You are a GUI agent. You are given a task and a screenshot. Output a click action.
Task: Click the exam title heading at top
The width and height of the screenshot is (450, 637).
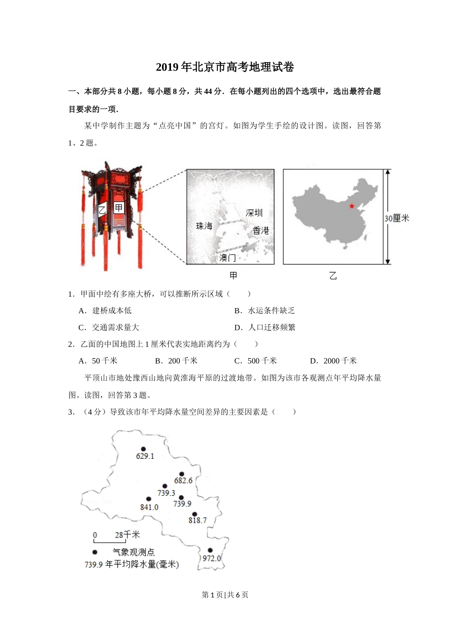pos(225,67)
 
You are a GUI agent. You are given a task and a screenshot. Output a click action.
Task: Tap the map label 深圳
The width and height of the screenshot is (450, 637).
pos(254,213)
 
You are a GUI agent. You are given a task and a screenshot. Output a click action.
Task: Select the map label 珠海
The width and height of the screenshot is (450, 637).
pos(204,227)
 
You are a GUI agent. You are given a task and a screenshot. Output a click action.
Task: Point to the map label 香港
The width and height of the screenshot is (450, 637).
pos(261,231)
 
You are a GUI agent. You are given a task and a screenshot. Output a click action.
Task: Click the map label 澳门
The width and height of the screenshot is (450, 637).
pos(227,258)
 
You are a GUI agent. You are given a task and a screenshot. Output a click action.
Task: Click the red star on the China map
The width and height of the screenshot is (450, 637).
pos(351,206)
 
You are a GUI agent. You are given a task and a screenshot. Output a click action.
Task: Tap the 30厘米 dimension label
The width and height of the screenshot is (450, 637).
pos(396,218)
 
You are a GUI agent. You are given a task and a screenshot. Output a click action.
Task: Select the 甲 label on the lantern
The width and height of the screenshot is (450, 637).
pos(118,208)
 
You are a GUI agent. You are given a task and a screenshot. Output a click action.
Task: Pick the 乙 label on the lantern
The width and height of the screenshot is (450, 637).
pos(102,209)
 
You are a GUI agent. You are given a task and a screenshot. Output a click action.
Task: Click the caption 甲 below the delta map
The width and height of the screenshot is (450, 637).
pos(233,275)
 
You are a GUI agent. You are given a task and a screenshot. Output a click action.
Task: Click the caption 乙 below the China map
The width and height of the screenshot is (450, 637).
pos(333,276)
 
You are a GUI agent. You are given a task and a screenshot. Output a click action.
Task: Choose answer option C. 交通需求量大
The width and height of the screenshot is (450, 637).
pos(109,328)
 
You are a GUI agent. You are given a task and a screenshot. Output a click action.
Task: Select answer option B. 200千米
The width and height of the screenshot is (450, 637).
pos(176,361)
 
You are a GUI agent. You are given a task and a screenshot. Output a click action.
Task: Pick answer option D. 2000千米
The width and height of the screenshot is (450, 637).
pos(333,361)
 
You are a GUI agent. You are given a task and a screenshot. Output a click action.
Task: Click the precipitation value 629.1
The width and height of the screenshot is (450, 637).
pos(145,456)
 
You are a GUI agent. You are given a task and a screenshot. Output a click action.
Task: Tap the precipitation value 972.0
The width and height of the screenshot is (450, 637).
pos(212,558)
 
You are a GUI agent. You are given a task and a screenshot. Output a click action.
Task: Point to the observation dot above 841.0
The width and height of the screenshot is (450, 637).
pos(149,499)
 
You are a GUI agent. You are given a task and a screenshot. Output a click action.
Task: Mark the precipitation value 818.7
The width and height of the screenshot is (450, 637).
pos(198,520)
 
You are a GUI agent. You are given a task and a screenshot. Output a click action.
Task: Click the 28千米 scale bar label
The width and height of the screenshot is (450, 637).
pos(127,535)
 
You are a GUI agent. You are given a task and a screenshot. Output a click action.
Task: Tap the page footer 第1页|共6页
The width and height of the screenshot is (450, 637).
pos(225,595)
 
